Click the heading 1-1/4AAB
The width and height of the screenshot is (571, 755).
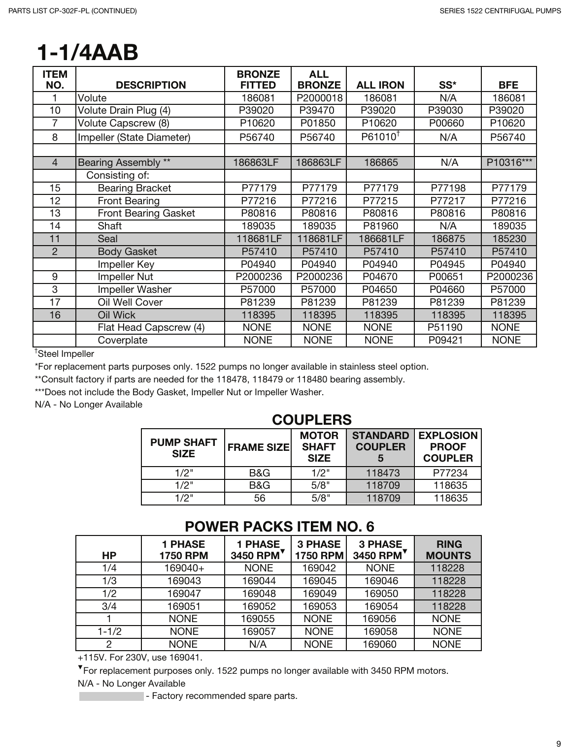click(88, 53)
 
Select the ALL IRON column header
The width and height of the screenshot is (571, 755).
click(380, 85)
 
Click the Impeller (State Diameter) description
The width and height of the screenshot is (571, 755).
click(134, 137)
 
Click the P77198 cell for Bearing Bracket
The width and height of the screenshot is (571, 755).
click(448, 188)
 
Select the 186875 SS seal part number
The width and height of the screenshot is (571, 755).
click(448, 239)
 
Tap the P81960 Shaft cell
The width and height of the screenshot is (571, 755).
click(380, 226)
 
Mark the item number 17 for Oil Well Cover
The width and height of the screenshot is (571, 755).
click(55, 302)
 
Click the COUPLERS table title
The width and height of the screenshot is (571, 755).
click(312, 420)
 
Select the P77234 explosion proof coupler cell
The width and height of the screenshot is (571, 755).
click(450, 473)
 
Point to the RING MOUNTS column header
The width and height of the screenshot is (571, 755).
click(448, 550)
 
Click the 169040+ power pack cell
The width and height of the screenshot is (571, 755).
click(184, 568)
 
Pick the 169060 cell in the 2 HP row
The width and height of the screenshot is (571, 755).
click(380, 644)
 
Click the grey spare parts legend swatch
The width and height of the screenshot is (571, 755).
click(111, 696)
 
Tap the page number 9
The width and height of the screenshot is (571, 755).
click(558, 743)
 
